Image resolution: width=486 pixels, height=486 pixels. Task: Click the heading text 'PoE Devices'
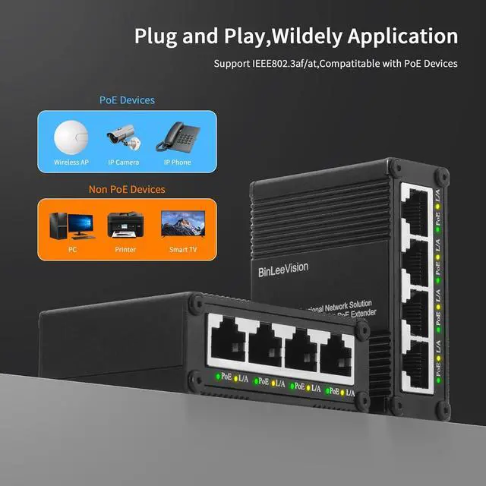(x=127, y=100)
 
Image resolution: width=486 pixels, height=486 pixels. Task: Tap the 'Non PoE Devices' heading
(x=127, y=189)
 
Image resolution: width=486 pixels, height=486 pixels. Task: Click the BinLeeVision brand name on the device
(x=292, y=270)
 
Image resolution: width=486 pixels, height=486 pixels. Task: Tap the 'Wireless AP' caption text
(x=71, y=163)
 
